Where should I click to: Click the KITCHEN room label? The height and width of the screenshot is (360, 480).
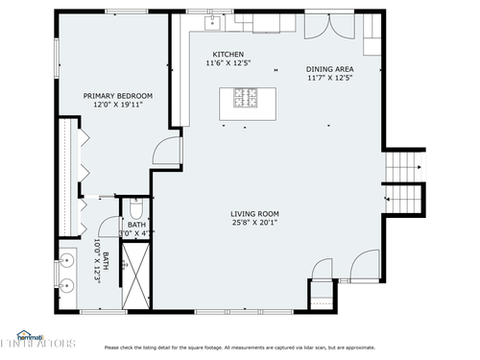click(x=228, y=54)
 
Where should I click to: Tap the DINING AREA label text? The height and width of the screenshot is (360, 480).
click(x=329, y=69)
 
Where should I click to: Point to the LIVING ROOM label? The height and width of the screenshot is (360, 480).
click(x=254, y=213)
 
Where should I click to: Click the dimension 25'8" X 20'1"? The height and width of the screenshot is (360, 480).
click(x=254, y=223)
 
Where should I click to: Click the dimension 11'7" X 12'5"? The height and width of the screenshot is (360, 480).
click(x=329, y=79)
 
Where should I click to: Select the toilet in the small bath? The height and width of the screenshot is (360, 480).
click(x=136, y=209)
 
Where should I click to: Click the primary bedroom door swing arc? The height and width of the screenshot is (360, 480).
click(x=166, y=149)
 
